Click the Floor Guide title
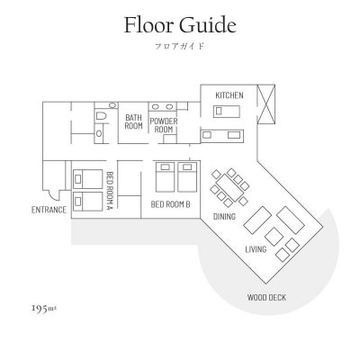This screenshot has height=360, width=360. coord(180,25)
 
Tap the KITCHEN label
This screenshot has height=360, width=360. coord(229,95)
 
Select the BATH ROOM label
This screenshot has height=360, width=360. coord(133,121)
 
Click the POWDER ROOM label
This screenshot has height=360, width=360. coord(164,125)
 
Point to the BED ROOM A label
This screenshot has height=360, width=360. coord(110,191)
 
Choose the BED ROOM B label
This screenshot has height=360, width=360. coord(170,204)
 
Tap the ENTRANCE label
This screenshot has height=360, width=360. coord(49,210)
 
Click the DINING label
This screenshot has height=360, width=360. coord(224,216)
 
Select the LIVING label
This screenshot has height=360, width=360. coord(256,249)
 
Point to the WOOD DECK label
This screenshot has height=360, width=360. coord(266,298)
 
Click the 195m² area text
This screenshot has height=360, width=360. coord(44,308)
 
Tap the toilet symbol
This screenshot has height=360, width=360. coord(100,116)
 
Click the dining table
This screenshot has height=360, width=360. coord(230,188)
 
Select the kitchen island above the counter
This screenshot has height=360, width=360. coord(227,112)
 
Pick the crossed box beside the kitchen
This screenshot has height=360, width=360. coord(266,104)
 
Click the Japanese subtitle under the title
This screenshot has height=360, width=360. coord(180,46)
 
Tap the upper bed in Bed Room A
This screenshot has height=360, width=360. coord(87,179)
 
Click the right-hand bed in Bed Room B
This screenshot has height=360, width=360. coord(187,177)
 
